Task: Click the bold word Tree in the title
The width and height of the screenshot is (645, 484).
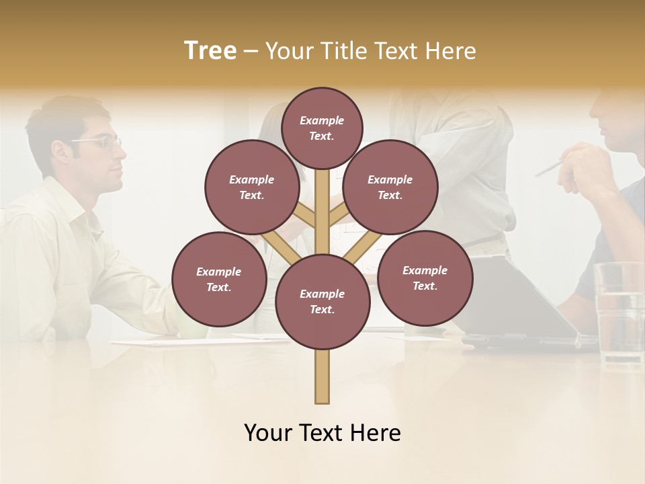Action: pos(210,51)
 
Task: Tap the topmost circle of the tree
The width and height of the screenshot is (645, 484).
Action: pos(322,128)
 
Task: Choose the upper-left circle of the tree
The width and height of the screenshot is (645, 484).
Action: pos(252,187)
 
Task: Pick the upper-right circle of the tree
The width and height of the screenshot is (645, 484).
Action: pos(390,187)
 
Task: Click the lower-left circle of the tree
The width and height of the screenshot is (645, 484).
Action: pos(219,279)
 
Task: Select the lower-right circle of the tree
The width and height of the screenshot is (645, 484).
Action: pos(425,278)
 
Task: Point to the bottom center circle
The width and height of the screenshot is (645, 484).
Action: pos(322,301)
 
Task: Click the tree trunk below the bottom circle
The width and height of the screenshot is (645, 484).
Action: pos(322,376)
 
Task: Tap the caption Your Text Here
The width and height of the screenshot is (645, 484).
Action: pos(322,433)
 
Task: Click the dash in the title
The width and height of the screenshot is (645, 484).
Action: pos(251,52)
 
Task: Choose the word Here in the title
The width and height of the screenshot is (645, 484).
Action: pos(451,51)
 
